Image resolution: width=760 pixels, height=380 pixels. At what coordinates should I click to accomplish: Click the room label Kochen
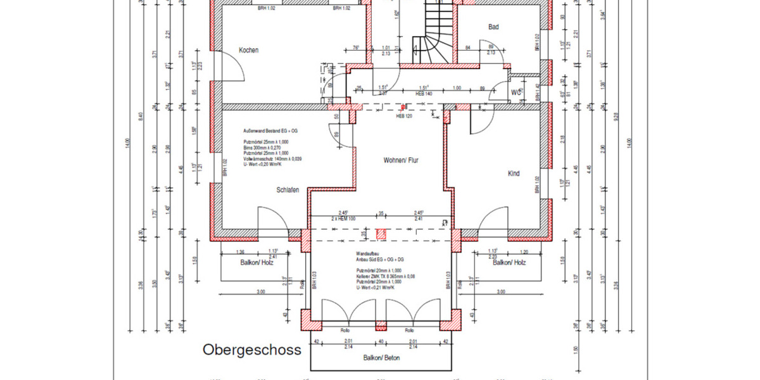248,50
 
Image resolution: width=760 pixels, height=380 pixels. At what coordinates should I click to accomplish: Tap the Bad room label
494,27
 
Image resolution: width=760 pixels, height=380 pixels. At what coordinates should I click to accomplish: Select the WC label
516,92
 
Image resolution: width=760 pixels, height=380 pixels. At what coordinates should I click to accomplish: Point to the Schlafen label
288,190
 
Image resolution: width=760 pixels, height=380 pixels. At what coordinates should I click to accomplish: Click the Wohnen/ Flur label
402,161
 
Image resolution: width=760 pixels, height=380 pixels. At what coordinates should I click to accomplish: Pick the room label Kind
514,174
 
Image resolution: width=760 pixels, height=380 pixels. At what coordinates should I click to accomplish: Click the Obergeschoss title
251,350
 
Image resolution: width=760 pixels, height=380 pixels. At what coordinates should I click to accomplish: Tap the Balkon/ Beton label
381,358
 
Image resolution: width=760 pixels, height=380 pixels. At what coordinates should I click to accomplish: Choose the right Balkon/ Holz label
510,262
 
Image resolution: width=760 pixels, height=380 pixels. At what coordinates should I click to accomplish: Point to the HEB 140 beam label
424,94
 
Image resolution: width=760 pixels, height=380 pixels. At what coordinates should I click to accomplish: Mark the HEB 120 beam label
404,117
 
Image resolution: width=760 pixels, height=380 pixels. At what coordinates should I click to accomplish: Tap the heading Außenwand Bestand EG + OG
270,130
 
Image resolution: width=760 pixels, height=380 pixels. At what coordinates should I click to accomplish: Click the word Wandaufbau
368,253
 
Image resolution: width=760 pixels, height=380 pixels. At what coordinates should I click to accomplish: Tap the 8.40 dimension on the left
142,118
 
